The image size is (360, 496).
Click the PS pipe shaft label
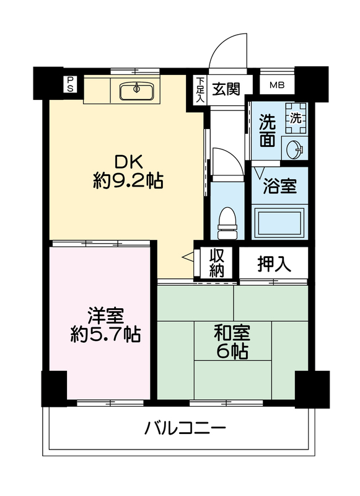click(x=70, y=84)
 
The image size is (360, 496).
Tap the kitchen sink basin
click(x=136, y=89)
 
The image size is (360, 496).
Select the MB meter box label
click(x=277, y=85)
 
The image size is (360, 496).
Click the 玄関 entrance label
click(x=226, y=89)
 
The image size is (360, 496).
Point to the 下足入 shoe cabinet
click(x=200, y=90)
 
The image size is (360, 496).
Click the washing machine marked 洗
click(x=296, y=118)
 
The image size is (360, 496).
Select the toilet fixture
click(x=227, y=223)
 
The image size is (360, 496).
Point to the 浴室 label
click(x=279, y=186)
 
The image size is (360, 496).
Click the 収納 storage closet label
click(x=217, y=262)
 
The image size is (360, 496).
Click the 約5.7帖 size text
click(x=105, y=334)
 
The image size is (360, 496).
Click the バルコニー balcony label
click(x=185, y=428)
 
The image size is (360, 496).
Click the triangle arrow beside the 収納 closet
click(x=188, y=257)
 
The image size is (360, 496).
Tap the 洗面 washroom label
click(x=268, y=130)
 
